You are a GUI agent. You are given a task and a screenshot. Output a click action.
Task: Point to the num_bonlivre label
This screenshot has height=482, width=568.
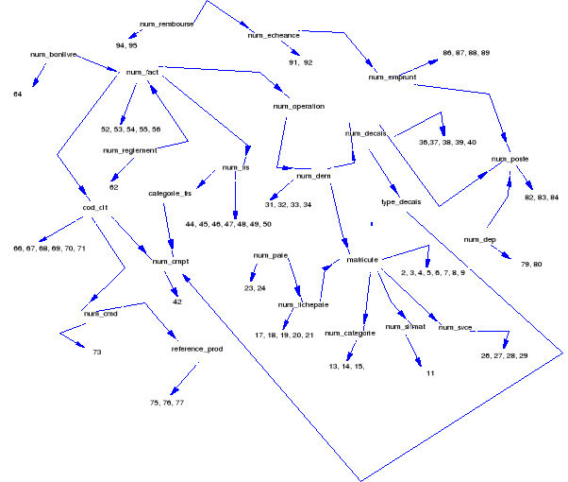click(x=49, y=56)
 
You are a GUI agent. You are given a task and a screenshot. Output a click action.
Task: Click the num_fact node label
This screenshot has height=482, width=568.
click(x=142, y=72)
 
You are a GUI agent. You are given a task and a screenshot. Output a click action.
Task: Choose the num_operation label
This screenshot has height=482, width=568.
click(x=298, y=107)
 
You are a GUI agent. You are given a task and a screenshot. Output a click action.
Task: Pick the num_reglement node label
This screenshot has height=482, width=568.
click(x=127, y=150)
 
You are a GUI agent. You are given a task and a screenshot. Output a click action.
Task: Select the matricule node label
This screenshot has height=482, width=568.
click(x=362, y=259)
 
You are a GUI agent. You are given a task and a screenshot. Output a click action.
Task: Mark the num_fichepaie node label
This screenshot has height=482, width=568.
click(x=303, y=305)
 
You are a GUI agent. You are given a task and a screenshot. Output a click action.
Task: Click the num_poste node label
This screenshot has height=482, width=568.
click(x=510, y=160)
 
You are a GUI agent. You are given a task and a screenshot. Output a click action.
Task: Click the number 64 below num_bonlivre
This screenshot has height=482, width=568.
click(x=18, y=95)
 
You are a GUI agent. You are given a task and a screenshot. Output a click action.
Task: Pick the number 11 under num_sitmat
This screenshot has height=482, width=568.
click(x=429, y=373)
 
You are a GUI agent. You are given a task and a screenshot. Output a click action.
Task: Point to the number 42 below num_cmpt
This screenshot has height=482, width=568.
click(x=176, y=301)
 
